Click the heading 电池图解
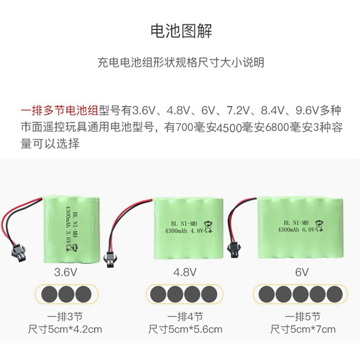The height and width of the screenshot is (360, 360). point(180,31)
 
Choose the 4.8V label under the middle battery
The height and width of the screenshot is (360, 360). point(185,272)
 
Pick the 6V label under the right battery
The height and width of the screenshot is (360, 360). point(302,272)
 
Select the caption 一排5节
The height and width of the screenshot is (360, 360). point(302,316)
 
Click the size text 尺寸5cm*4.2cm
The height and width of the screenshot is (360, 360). point(65,329)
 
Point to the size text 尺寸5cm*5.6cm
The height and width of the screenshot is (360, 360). point(185,329)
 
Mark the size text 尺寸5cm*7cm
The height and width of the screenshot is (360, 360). point(302,329)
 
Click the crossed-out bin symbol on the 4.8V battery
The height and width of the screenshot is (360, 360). point(208,226)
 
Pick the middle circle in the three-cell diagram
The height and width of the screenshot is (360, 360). point(66,294)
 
